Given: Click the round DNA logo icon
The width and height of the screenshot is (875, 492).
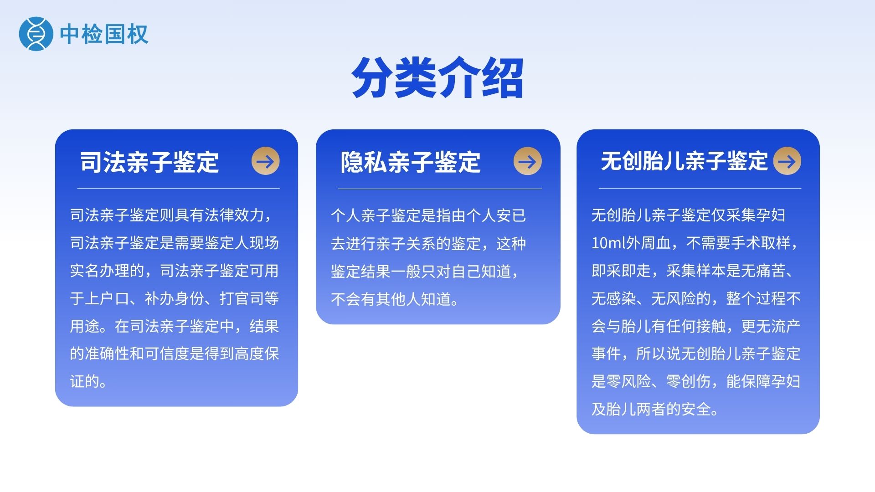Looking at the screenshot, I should coord(33,34).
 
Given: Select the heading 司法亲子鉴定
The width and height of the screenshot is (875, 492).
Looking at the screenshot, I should coord(149,162).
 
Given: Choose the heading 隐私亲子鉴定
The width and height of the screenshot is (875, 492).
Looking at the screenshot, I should coord(410,162).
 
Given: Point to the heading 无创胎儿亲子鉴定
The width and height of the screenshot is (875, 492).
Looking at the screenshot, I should coord(684,161).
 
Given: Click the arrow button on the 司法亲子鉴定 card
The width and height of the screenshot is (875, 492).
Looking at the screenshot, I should coord(265,161).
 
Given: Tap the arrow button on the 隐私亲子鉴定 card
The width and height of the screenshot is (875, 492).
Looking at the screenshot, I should coord(527,161).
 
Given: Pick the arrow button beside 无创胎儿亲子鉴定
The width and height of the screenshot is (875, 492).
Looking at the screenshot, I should coord(787,161).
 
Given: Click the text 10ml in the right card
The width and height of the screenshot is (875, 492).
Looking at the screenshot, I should coord(609,243).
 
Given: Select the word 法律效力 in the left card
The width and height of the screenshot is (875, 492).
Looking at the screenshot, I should coord(234,215).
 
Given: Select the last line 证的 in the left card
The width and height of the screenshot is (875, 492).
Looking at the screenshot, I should coord(85,381).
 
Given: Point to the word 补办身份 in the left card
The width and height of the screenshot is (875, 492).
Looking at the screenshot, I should coord(175,298).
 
